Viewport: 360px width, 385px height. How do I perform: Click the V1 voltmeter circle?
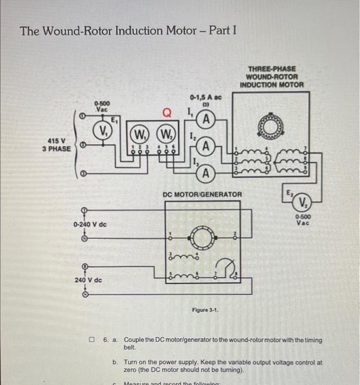pos(102,131)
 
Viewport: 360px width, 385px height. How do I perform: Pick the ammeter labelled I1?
pos(205,119)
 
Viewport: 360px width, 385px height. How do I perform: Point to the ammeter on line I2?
pos(205,146)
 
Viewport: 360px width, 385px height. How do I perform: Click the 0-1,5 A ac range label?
pos(205,97)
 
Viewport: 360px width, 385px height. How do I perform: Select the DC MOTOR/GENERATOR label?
pos(202,194)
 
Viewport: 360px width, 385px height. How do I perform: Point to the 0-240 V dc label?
pos(90,224)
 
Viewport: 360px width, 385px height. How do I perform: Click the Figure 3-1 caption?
pos(205,310)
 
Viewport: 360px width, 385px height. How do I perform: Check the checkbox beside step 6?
pos(94,340)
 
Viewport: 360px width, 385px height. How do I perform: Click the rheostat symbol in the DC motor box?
pos(225,269)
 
